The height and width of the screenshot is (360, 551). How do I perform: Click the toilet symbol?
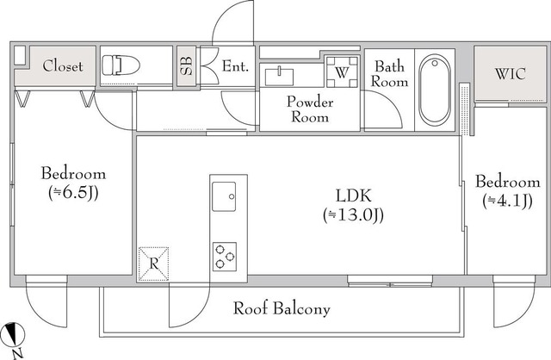coord(121,65)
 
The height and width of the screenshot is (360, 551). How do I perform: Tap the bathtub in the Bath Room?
coord(435,90)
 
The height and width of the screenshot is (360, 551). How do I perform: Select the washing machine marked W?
coord(342,71)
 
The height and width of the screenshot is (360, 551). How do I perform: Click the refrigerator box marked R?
coord(153,264)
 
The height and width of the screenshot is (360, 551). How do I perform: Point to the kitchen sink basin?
coord(224,196)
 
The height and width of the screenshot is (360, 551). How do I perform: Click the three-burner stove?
coord(225,257)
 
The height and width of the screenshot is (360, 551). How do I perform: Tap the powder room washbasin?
coord(279,77)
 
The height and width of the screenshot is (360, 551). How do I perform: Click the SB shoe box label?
coord(186,65)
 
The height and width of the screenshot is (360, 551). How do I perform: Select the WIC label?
coord(510,73)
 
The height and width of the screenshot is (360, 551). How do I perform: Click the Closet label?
coord(63,65)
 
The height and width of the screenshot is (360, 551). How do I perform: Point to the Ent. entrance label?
coord(235,66)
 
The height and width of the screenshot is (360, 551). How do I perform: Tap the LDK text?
coord(354,196)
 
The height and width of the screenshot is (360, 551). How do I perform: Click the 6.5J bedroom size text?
coord(73,193)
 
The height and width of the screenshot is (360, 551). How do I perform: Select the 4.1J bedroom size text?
coord(507,201)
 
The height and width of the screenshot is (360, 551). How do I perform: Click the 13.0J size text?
coord(353,214)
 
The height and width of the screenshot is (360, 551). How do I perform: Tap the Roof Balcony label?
coord(282,308)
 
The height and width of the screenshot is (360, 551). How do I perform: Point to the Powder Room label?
coord(310,109)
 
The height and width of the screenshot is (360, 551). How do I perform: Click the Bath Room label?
coord(389,74)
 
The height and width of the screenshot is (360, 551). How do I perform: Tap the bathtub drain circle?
coord(435,63)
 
